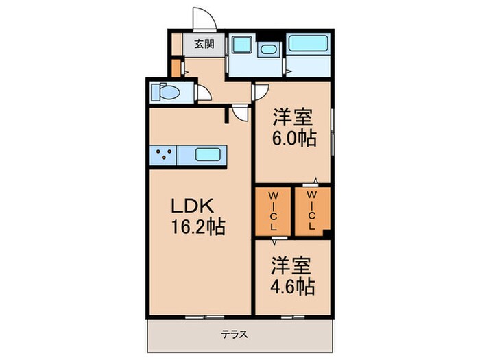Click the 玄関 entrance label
[x=204, y=45]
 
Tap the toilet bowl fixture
[x=165, y=92]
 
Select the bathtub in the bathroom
[x=308, y=44]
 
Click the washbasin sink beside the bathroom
[x=269, y=49]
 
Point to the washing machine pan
[x=241, y=45]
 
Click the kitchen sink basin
[x=208, y=154]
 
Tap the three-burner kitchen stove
[x=163, y=155]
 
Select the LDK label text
[x=192, y=206]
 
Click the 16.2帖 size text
[x=198, y=227]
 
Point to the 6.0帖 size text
[x=294, y=139]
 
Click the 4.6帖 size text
[x=292, y=286]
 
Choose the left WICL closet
[x=273, y=211]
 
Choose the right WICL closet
[x=313, y=211]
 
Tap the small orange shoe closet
[x=176, y=69]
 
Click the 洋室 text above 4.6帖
[x=291, y=265]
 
